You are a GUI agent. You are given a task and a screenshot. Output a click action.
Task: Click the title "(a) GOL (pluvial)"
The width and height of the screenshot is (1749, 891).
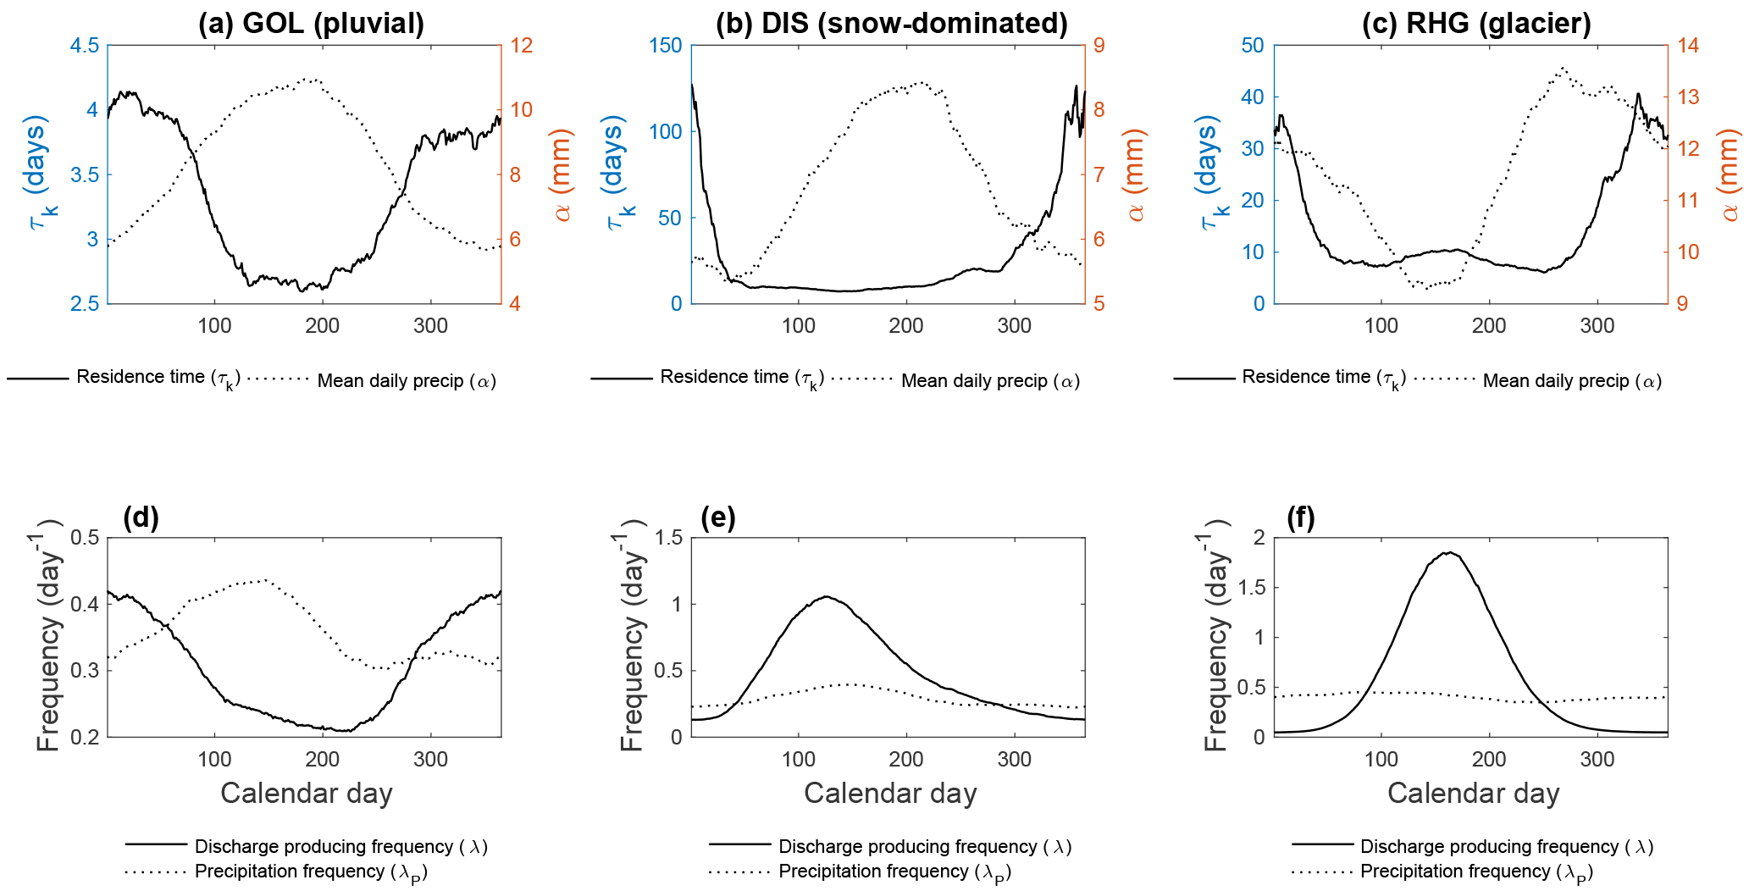311,23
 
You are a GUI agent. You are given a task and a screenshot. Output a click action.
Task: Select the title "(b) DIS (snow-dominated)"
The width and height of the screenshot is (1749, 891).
891,23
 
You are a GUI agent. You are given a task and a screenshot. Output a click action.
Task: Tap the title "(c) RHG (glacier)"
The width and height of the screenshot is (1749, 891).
1476,23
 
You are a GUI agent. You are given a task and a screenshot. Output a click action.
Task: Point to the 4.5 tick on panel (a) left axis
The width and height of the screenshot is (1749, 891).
84,46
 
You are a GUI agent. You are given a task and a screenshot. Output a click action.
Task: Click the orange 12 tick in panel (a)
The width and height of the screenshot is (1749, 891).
521,46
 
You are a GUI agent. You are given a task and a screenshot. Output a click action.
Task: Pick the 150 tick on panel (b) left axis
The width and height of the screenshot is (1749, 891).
666,46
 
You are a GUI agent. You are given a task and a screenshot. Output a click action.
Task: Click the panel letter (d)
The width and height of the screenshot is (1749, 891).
141,517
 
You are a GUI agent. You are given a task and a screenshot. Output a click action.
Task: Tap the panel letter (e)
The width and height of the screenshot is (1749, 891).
718,517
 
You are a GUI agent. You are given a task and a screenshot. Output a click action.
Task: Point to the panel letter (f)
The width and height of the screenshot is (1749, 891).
1301,517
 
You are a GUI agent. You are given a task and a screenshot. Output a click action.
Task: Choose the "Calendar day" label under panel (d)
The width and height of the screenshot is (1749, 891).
307,794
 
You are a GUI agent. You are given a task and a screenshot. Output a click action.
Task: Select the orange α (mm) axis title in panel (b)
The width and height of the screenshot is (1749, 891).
1134,175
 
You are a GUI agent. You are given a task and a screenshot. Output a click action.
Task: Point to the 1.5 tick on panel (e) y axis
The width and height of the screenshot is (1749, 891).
665,538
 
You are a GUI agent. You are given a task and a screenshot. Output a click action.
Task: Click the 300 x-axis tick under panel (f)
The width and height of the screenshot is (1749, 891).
1597,760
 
